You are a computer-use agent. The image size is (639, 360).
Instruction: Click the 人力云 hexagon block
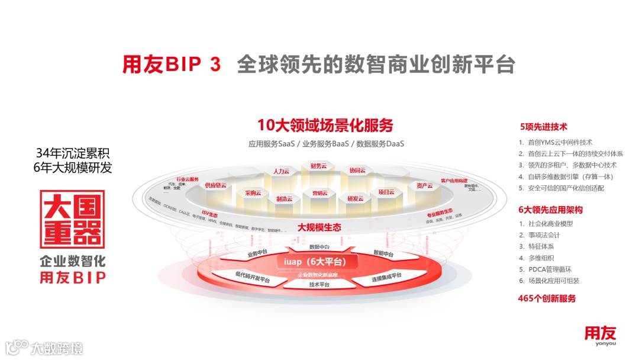click(280, 172)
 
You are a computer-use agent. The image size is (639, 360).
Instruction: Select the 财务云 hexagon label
click(318, 166)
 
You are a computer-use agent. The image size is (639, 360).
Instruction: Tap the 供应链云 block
click(215, 185)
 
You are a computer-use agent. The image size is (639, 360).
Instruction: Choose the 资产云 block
click(424, 185)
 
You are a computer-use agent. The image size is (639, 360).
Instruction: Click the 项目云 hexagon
click(386, 192)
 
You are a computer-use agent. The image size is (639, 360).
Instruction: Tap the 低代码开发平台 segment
click(251, 277)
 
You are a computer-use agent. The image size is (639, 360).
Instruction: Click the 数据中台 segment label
click(319, 247)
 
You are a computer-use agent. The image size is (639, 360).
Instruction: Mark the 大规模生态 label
click(319, 227)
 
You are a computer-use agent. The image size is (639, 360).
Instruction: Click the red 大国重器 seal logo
click(72, 219)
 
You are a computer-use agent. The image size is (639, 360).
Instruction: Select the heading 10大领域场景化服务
click(325, 126)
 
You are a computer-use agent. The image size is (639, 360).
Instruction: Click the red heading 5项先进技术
click(544, 127)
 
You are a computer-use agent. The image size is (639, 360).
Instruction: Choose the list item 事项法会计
click(544, 235)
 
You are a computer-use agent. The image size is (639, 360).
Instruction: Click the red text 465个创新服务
click(547, 298)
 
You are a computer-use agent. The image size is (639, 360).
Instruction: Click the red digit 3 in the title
click(215, 65)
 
